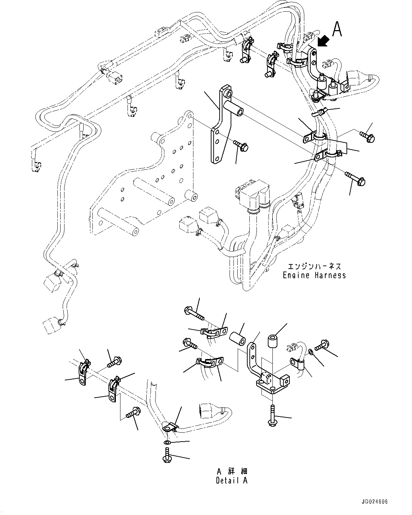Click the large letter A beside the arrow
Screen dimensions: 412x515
click(x=337, y=29)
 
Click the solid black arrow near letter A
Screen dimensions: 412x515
click(x=323, y=41)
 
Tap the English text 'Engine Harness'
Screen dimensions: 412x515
click(x=314, y=275)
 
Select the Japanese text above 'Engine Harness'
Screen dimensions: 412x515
click(x=314, y=266)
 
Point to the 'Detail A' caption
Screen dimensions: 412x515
click(x=232, y=480)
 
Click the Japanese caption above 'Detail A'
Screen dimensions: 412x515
click(x=232, y=471)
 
